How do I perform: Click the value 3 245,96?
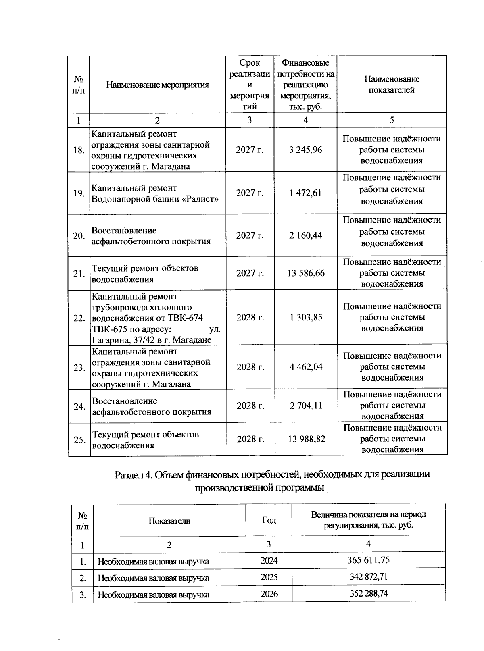[x=305, y=150]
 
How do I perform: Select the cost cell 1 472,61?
[x=305, y=193]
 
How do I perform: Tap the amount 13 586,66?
[x=306, y=273]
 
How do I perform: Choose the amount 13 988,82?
[x=306, y=439]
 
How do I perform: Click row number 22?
[x=79, y=318]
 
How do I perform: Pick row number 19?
[x=79, y=193]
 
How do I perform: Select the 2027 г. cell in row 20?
[x=250, y=235]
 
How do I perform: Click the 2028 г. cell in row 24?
[x=250, y=406]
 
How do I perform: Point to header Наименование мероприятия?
[x=158, y=85]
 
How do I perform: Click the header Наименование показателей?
[x=392, y=85]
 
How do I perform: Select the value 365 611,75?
[x=368, y=560]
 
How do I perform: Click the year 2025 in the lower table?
[x=269, y=577]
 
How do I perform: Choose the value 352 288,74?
[x=368, y=593]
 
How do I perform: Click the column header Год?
[x=269, y=520]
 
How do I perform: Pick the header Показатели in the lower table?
[x=169, y=521]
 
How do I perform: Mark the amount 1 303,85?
[x=306, y=318]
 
